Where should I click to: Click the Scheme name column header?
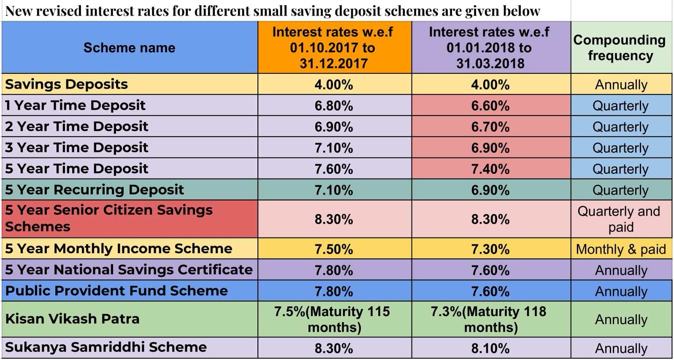(x=129, y=48)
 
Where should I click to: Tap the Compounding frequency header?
(x=620, y=48)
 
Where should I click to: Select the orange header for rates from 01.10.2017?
(x=333, y=48)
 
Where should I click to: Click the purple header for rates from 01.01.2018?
(x=490, y=48)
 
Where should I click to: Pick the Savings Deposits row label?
(x=66, y=84)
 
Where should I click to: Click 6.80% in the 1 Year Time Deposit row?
(x=333, y=106)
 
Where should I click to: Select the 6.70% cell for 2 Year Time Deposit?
(x=490, y=127)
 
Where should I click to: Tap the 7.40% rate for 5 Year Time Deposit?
(x=490, y=169)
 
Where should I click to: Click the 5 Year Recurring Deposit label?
(x=94, y=189)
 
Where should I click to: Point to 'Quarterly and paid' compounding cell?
(x=620, y=219)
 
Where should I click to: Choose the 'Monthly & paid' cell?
(x=620, y=249)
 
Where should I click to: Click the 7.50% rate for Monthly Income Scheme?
(x=333, y=249)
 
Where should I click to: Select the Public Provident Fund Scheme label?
(x=116, y=291)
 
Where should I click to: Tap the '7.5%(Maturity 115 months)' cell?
(x=333, y=319)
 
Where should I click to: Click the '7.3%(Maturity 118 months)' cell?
(x=490, y=319)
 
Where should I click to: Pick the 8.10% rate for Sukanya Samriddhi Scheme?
(x=490, y=348)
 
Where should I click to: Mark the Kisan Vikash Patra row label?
(x=72, y=319)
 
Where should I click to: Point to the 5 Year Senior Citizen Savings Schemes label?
(x=108, y=218)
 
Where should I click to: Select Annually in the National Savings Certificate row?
(x=620, y=270)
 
